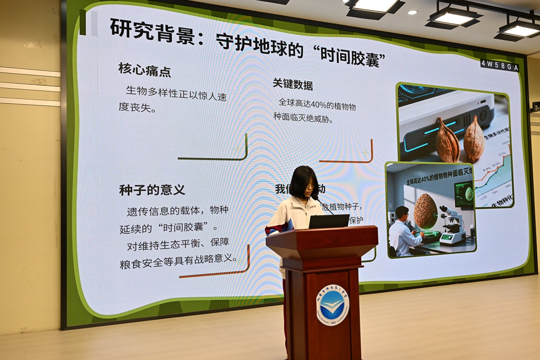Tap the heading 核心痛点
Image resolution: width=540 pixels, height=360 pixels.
coord(144,70)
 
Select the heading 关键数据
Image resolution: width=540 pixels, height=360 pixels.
coord(293,84)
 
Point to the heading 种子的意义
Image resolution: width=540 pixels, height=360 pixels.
coord(152,190)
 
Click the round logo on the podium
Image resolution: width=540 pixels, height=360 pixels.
coord(333,305)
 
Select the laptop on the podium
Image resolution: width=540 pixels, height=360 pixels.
coord(329,221)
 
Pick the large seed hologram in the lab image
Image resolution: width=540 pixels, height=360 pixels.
coord(425,211)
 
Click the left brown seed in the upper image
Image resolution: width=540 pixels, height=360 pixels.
coord(447,141)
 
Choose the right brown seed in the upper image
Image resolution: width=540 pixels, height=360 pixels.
coord(474,140)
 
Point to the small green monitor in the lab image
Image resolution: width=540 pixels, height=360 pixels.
coord(464,193)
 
